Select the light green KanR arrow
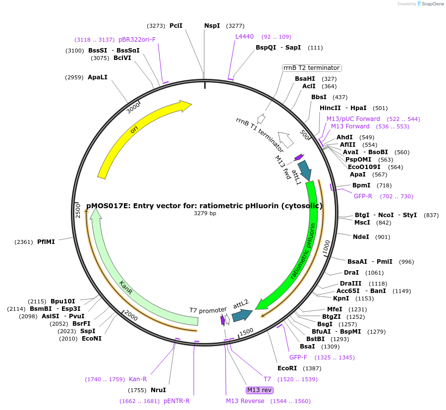tap(126, 288)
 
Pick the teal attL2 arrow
tap(242, 314)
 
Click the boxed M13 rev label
tap(260, 390)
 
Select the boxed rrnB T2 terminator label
tap(311, 68)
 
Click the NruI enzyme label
tap(158, 390)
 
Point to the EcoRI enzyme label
tap(287, 368)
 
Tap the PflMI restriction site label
tap(46, 242)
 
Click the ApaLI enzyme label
tap(97, 77)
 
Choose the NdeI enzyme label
tap(361, 237)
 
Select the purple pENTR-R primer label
tap(176, 401)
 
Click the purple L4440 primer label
tap(244, 37)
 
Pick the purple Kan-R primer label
tap(138, 379)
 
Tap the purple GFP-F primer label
tap(298, 357)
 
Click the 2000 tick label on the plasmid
tap(131, 316)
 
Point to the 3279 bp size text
tap(205, 214)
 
